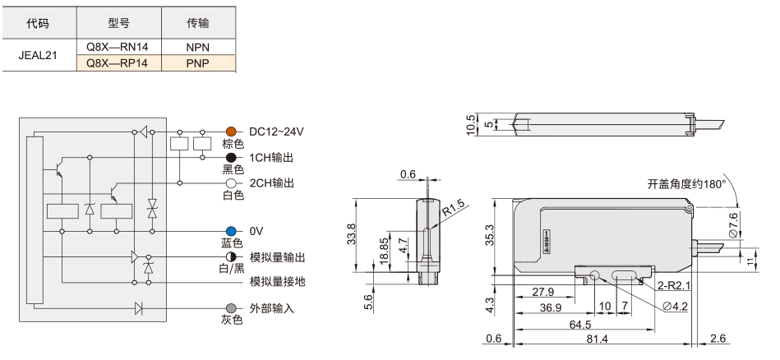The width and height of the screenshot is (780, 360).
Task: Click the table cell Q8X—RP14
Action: point(119,63)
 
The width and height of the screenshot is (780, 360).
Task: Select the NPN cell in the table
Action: point(198,47)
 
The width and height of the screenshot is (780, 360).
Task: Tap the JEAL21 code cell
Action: point(38,55)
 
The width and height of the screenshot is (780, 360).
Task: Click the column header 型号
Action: point(119,23)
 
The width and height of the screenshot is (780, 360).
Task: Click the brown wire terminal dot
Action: point(231,132)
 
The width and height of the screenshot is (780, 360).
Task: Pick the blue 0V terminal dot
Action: point(231,231)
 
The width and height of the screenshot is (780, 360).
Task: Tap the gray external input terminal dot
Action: point(231,307)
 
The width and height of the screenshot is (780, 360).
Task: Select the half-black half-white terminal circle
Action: point(231,257)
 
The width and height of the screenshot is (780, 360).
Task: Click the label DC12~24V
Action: point(277,132)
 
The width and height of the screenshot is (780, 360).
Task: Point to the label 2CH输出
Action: point(271,183)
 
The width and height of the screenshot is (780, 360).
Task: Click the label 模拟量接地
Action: point(278,282)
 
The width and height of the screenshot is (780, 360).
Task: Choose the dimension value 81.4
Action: point(596,339)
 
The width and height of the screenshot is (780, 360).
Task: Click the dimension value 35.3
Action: point(491,234)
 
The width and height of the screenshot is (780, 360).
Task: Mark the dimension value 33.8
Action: point(351,234)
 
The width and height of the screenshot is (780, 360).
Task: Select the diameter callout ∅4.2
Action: point(675,307)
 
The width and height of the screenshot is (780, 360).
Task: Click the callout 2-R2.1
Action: point(672,285)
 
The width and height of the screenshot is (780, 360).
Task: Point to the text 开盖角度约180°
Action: point(686,184)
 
